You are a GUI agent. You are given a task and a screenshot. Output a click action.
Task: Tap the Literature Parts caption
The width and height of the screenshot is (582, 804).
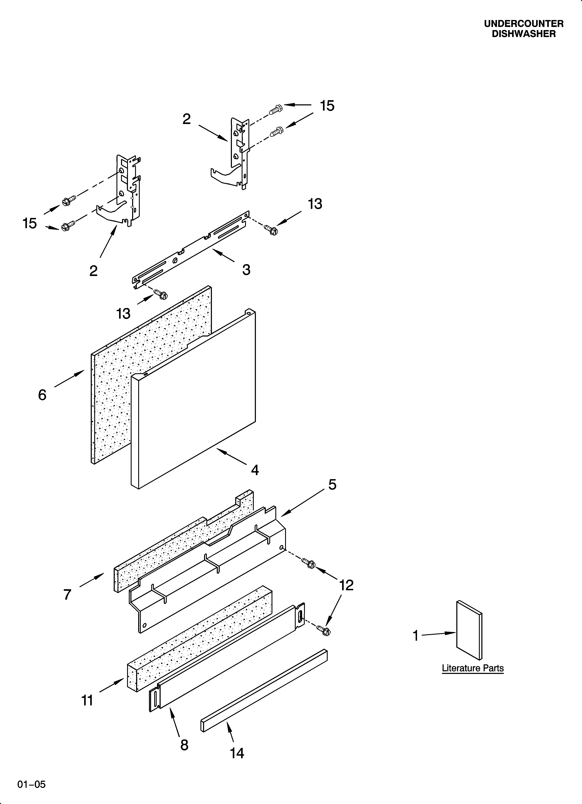472,668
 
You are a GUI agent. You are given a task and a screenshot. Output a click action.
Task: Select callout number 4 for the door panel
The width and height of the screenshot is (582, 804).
254,470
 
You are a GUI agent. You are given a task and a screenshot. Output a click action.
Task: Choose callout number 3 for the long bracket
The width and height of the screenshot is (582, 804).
246,270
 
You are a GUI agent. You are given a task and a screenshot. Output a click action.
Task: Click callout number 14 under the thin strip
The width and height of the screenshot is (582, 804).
237,753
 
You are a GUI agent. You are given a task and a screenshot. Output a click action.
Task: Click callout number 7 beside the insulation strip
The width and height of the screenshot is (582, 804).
67,594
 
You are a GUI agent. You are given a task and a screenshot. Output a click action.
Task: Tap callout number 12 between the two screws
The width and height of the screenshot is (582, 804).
346,585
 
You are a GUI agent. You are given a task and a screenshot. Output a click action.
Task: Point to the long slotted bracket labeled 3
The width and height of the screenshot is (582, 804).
191,248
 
